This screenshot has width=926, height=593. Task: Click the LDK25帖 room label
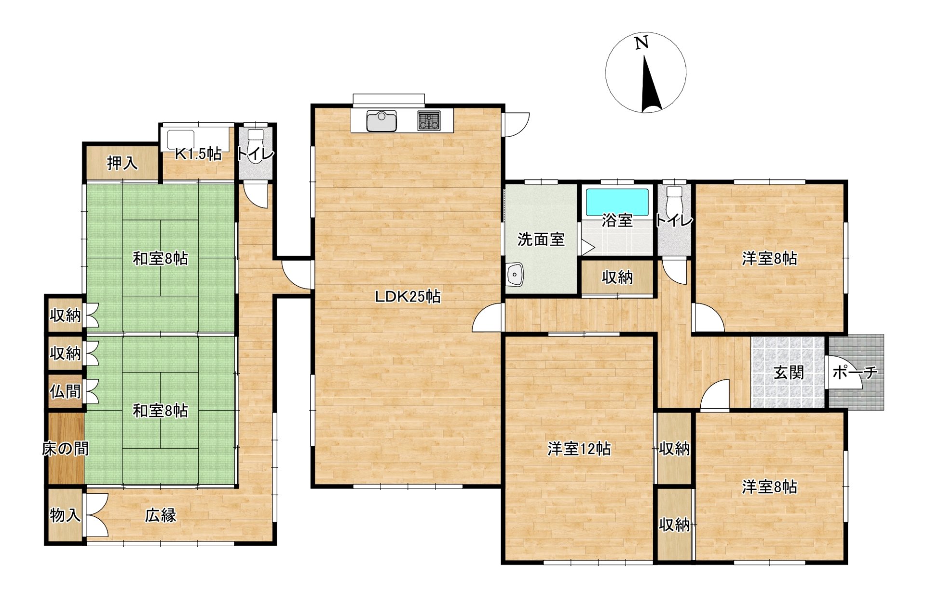click(x=408, y=296)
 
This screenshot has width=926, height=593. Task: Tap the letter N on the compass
click(x=641, y=43)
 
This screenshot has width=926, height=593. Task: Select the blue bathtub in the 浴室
click(x=617, y=202)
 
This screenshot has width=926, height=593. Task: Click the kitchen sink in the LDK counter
click(x=381, y=121)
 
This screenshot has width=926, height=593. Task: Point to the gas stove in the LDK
click(x=429, y=121)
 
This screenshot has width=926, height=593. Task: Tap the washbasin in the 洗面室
click(x=515, y=275)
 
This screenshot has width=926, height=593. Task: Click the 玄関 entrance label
click(x=789, y=372)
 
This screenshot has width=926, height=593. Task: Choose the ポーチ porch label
click(x=855, y=372)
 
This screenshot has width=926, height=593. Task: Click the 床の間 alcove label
click(x=66, y=449)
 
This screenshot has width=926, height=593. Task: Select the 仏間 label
click(x=65, y=391)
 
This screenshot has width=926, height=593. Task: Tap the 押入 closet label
click(x=123, y=163)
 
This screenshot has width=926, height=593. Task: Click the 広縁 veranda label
click(x=161, y=515)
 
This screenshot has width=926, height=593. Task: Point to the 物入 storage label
click(x=65, y=515)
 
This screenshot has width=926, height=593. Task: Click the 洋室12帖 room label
click(x=579, y=449)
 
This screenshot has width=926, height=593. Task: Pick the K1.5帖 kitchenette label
click(x=198, y=153)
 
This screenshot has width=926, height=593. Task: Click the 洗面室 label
click(x=541, y=239)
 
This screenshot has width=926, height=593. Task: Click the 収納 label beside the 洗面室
click(x=617, y=277)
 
